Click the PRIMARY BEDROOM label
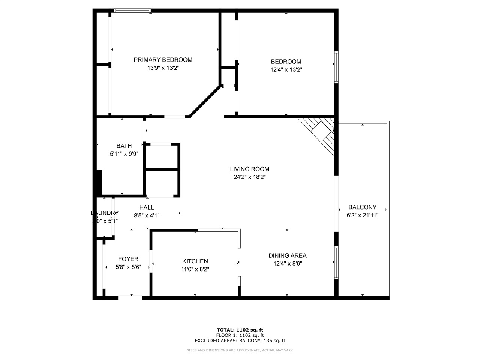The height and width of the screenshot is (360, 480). (x=163, y=60)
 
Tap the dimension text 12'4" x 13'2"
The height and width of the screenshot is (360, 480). (x=286, y=69)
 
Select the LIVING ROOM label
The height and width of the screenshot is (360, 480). (x=249, y=169)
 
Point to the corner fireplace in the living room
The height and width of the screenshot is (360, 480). (x=321, y=133)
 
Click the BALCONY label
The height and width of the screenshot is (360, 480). (x=362, y=207)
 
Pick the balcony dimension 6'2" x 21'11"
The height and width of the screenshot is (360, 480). (x=362, y=215)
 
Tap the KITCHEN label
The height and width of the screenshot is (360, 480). (x=195, y=261)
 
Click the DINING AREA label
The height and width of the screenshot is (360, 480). (x=287, y=255)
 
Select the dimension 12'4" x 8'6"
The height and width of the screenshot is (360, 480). (x=287, y=263)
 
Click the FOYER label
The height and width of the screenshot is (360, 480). (x=128, y=259)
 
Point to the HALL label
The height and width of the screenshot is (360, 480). (x=146, y=207)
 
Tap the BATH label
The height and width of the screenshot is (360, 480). (x=124, y=146)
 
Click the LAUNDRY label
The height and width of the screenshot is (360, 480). (x=105, y=213)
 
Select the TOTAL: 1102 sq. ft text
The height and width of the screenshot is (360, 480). (x=240, y=330)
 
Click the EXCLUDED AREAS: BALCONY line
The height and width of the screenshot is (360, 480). (x=240, y=340)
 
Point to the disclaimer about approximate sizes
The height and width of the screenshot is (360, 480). (x=240, y=350)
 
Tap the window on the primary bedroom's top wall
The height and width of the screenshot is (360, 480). (x=132, y=11)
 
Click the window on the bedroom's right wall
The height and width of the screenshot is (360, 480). (x=336, y=67)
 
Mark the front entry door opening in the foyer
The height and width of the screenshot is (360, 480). (x=130, y=297)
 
